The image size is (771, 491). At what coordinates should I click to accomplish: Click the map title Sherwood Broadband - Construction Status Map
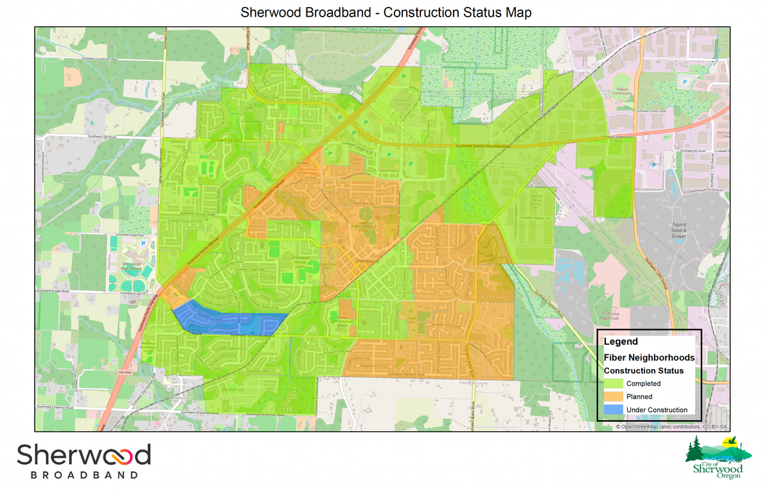[x=386, y=12]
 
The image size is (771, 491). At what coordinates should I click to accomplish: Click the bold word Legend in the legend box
[x=621, y=341]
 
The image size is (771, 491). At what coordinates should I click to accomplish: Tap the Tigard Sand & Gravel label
[x=680, y=232]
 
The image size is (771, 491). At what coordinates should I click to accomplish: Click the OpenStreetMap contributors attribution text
[x=671, y=426]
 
